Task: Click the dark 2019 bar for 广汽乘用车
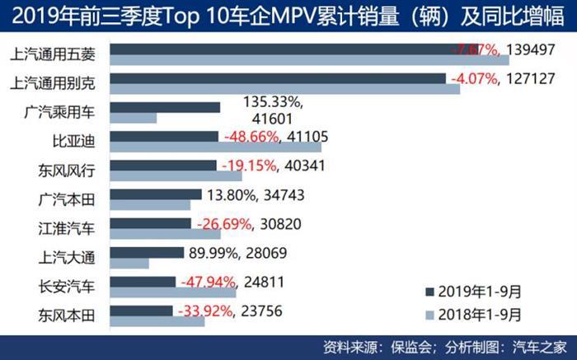click(x=165, y=107)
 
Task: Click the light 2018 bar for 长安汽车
click(x=172, y=292)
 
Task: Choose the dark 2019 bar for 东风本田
click(x=141, y=311)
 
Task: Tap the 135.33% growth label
click(x=274, y=101)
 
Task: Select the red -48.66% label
click(x=248, y=136)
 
